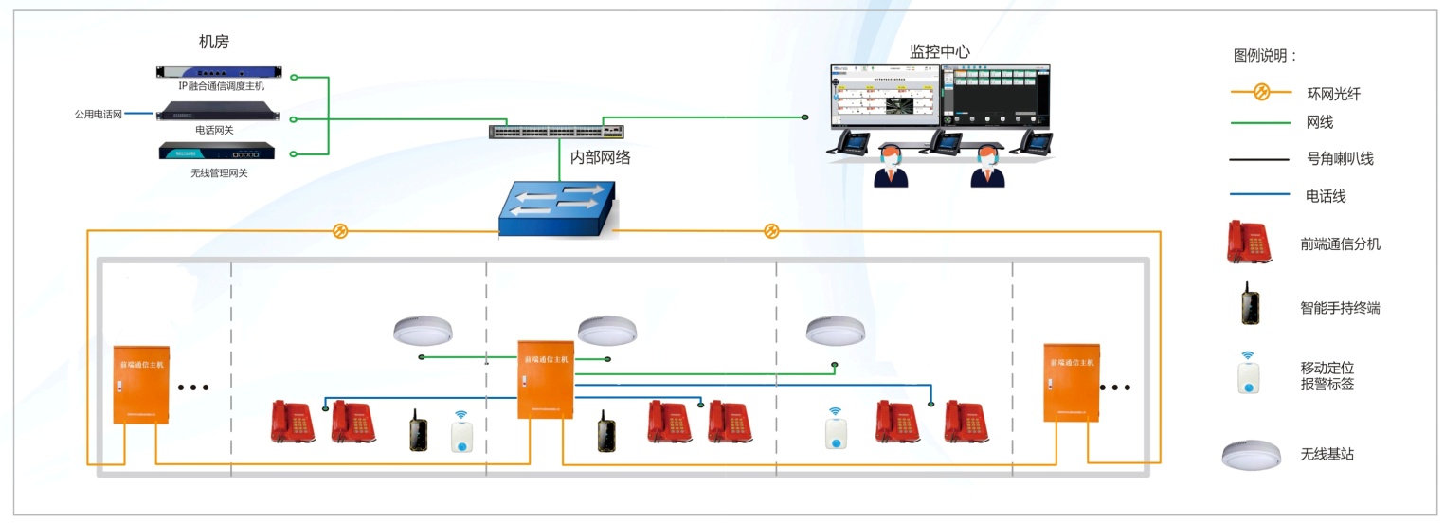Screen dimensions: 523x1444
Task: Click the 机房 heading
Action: click(x=213, y=42)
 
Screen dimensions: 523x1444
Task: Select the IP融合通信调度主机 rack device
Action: click(x=220, y=72)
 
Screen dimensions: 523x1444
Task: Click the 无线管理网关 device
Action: click(x=220, y=153)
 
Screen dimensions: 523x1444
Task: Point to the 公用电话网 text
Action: click(x=98, y=114)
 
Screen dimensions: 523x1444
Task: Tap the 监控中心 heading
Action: click(x=939, y=51)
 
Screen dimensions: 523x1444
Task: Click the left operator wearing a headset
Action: click(x=891, y=166)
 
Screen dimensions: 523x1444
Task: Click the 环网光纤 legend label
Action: click(x=1333, y=94)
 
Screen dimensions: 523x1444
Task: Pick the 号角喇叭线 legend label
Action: click(x=1340, y=159)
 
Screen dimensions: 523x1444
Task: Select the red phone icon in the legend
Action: click(x=1250, y=242)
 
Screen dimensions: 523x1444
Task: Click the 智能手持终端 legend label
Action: click(x=1340, y=307)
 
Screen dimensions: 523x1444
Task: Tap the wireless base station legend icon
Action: click(x=1252, y=454)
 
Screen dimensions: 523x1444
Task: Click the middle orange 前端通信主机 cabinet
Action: click(x=546, y=379)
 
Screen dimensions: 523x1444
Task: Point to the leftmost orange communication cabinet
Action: click(x=141, y=384)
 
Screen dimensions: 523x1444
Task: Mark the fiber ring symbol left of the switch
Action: click(x=340, y=230)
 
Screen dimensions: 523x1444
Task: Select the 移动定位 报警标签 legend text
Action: click(x=1327, y=376)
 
